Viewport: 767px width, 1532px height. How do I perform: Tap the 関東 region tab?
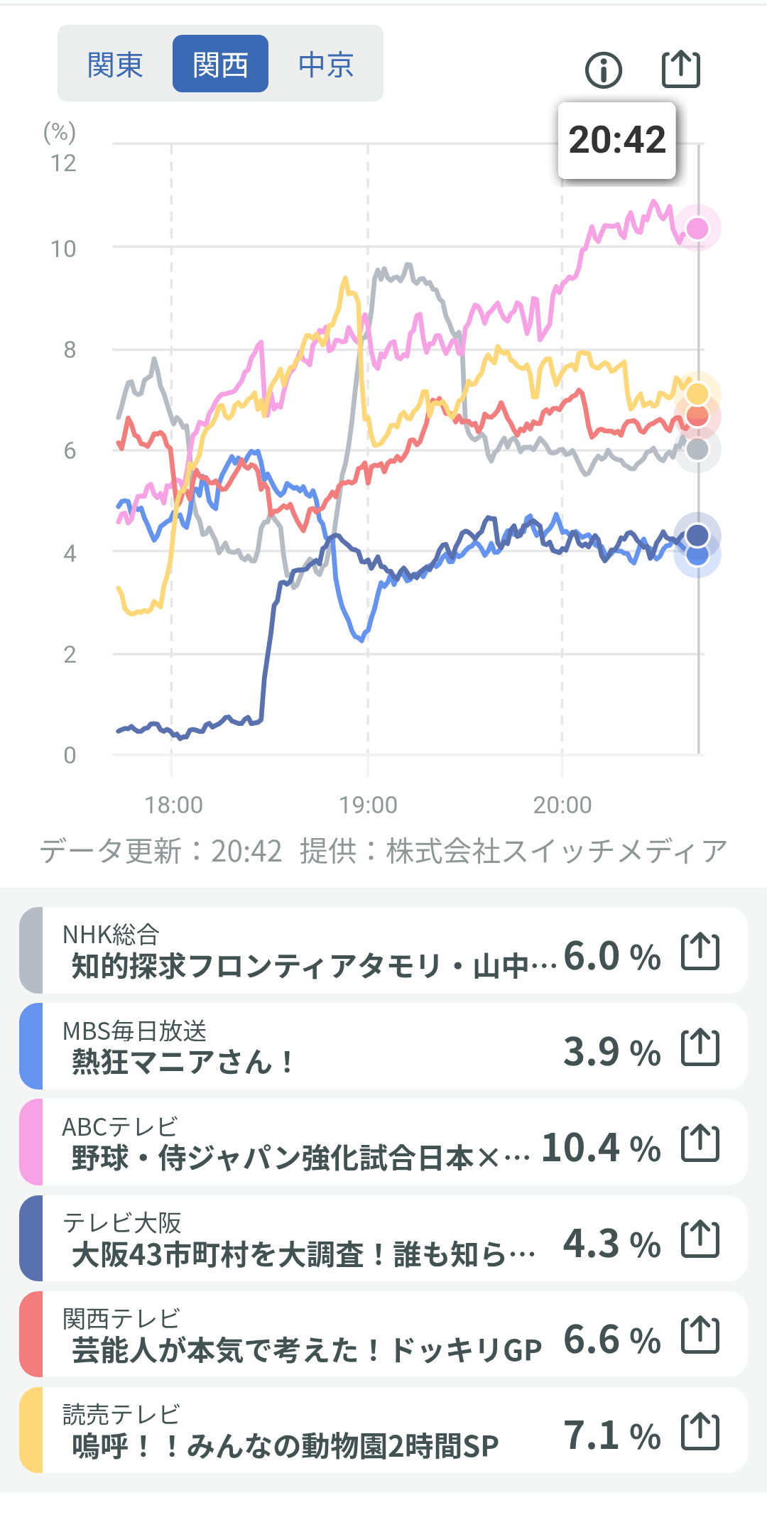point(115,65)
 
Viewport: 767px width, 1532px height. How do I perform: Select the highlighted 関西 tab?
point(220,65)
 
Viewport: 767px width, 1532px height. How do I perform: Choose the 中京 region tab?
point(326,65)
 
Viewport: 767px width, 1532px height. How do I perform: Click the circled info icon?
point(604,70)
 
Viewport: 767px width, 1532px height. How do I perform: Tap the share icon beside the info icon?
point(680,69)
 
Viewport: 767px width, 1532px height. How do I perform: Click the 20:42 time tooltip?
point(616,140)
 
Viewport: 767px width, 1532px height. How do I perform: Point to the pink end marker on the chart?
point(697,229)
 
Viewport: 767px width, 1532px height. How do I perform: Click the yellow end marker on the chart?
point(697,393)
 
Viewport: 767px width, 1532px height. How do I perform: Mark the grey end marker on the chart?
point(697,449)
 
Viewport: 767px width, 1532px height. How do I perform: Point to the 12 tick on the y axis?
point(63,163)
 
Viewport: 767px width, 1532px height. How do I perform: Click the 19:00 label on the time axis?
point(368,805)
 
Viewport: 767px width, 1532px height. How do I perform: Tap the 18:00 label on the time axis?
point(173,805)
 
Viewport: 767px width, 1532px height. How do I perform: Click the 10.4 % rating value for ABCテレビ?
point(601,1148)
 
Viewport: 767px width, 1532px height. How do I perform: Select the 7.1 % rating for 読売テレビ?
point(611,1435)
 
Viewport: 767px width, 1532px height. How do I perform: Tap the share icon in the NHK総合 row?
point(700,952)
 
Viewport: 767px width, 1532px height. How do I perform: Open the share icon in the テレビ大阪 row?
point(700,1239)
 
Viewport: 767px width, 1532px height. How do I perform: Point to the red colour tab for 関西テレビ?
point(31,1335)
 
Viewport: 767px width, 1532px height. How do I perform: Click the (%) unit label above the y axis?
point(60,132)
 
